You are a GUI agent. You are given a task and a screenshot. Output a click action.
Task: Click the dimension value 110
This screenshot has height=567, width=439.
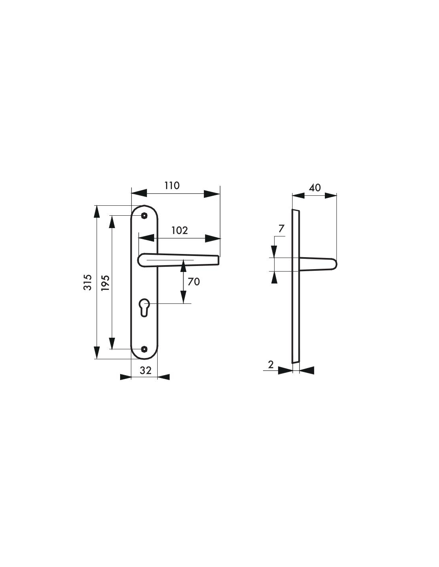(172, 185)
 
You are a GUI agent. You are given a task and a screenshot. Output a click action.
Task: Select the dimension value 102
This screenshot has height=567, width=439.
(180, 230)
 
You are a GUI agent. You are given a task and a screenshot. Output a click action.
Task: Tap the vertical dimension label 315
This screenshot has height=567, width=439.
(88, 282)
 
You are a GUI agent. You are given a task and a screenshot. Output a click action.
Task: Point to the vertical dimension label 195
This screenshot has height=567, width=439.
(105, 283)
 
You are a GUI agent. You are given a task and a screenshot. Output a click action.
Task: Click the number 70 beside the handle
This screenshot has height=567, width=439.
(194, 282)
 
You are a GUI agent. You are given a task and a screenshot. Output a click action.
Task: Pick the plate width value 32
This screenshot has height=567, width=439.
(145, 370)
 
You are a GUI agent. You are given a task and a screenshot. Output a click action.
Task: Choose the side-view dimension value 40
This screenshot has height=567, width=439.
(315, 188)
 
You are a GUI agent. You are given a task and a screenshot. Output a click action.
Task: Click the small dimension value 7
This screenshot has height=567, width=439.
(281, 228)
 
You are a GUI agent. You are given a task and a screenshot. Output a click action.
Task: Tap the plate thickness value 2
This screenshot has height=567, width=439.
(271, 364)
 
